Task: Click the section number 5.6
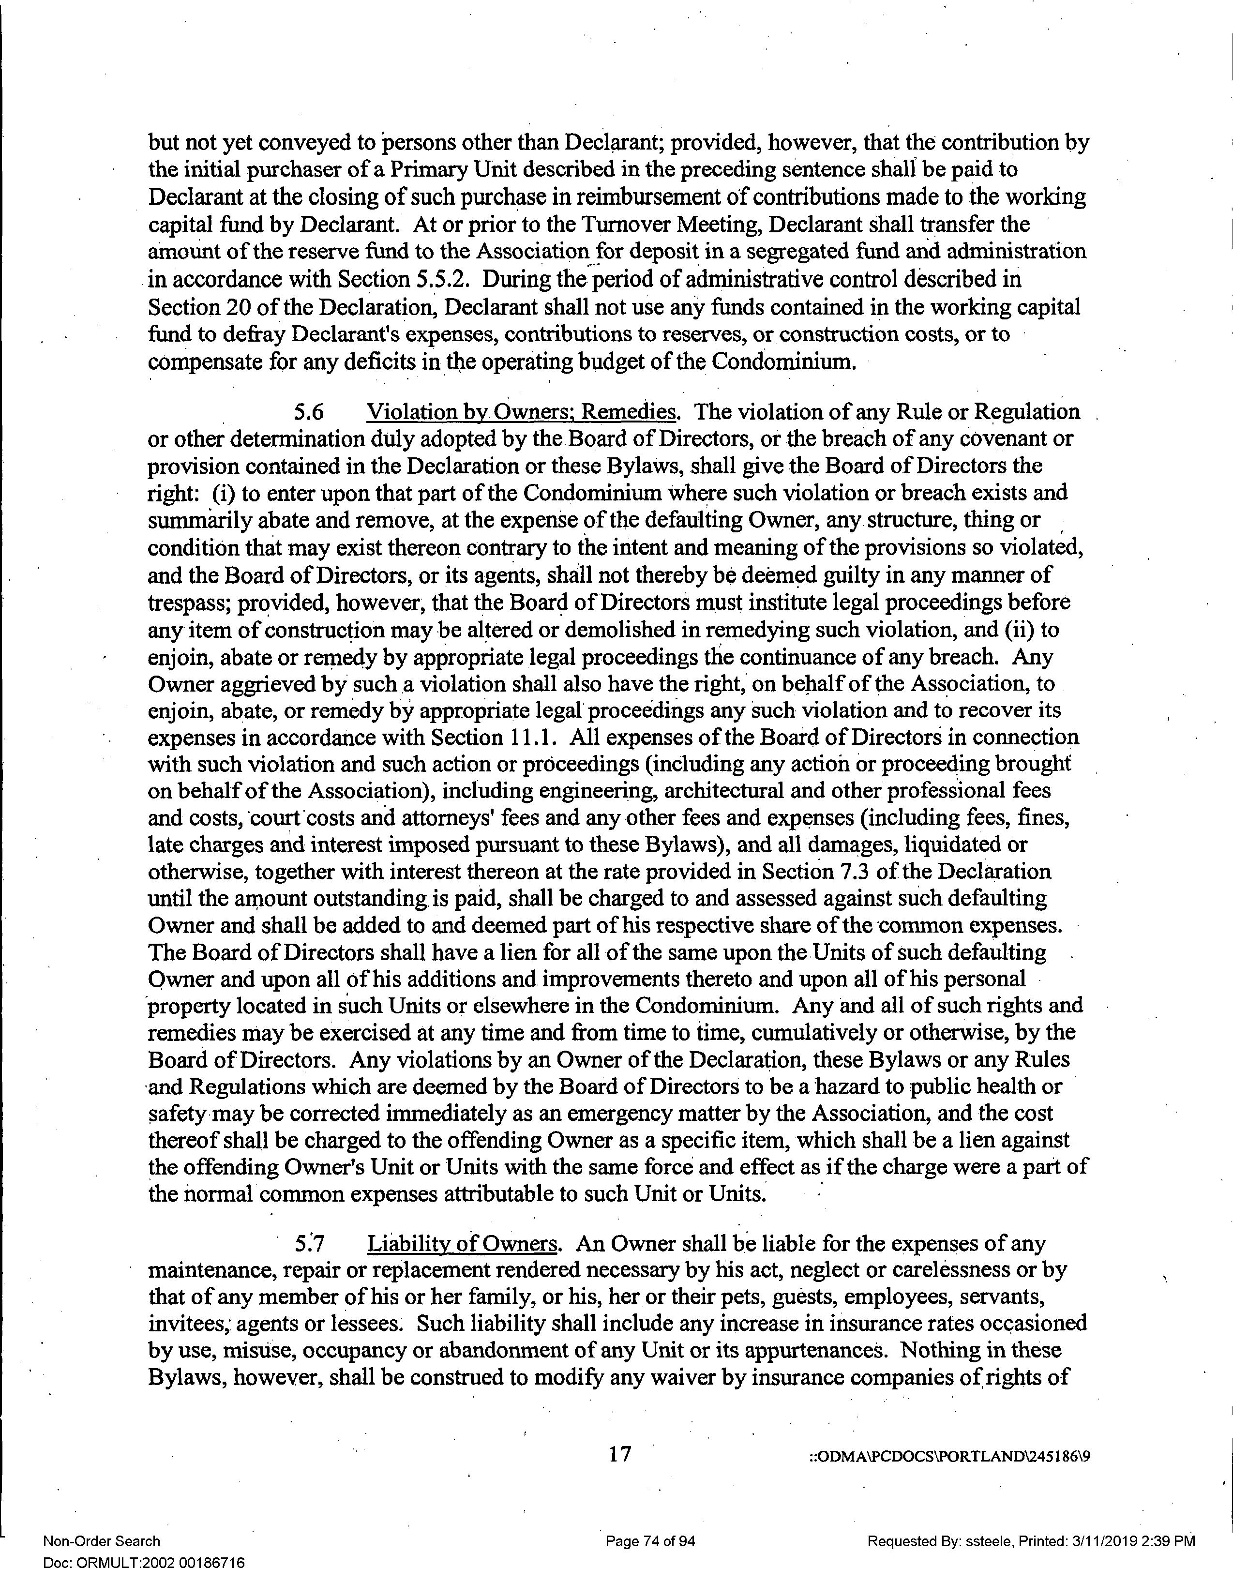click(308, 412)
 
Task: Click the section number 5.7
click(310, 1243)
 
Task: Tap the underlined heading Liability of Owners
click(462, 1243)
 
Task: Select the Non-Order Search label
click(102, 1541)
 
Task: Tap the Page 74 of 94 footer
click(650, 1541)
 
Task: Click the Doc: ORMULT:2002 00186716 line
click(144, 1563)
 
